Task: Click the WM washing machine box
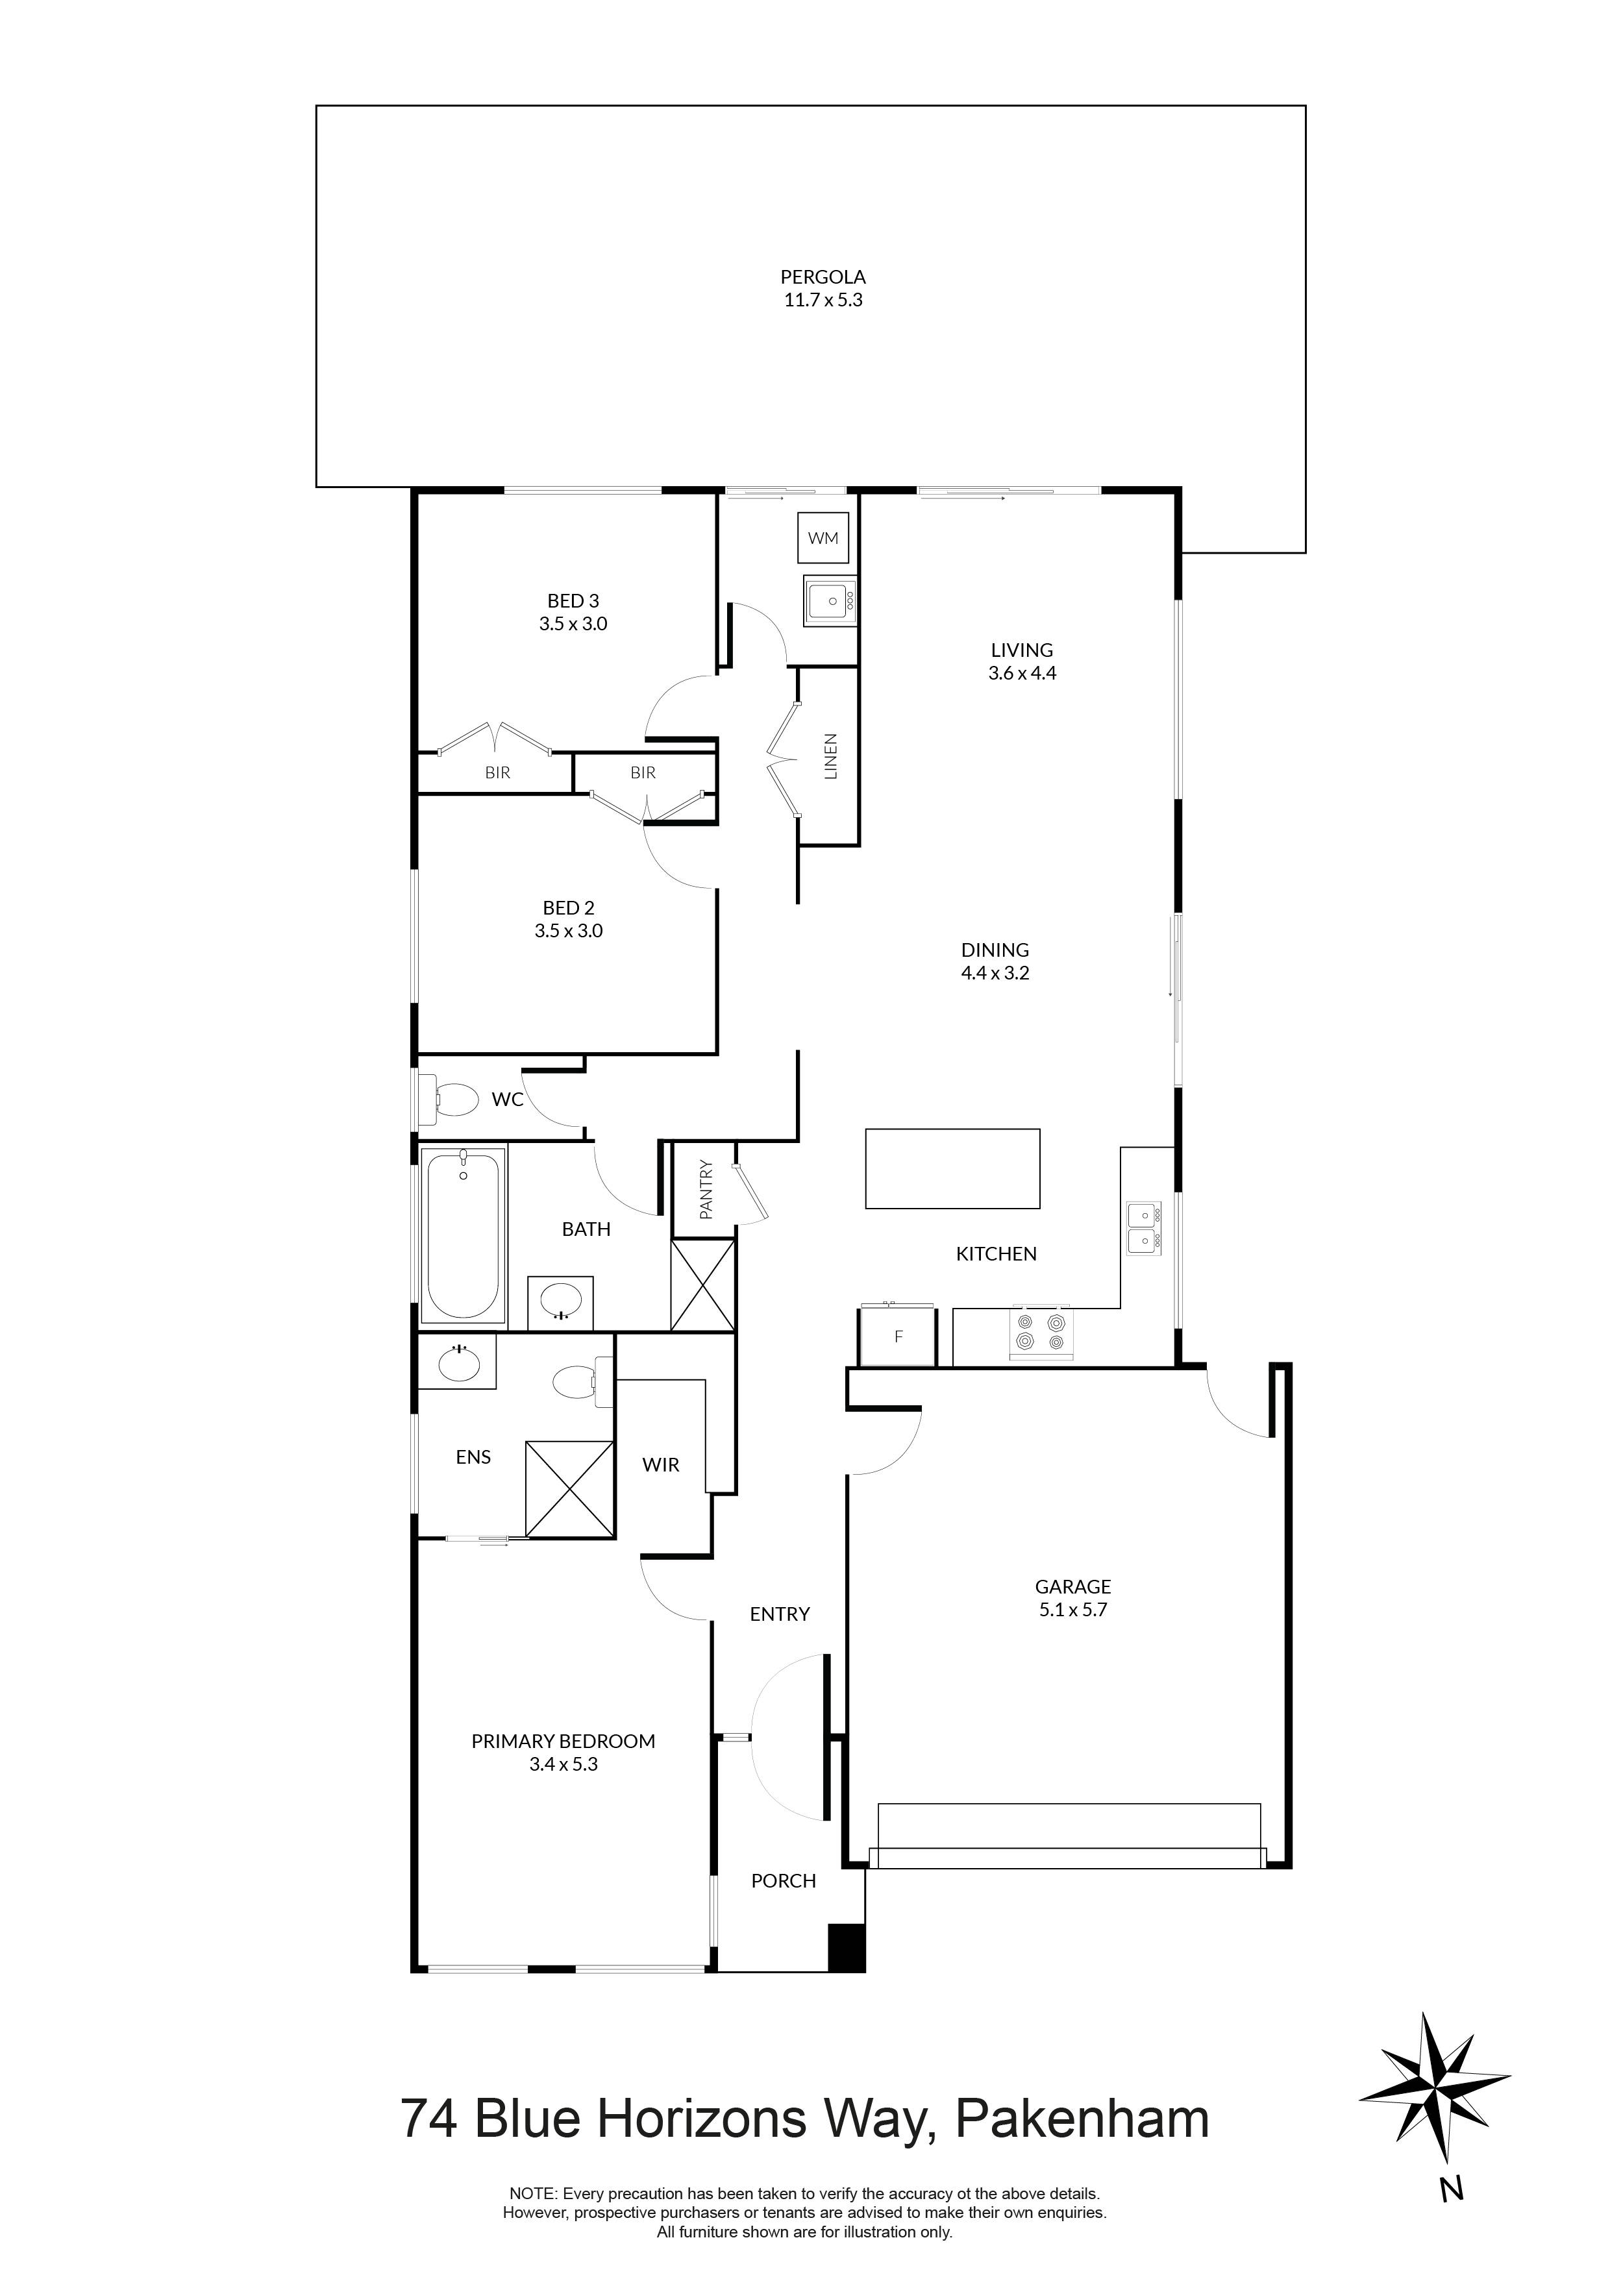click(823, 539)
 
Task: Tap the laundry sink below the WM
click(829, 602)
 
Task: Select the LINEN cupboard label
click(831, 756)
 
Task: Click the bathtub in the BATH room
click(464, 1235)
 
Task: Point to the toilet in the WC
click(455, 1099)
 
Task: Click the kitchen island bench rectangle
click(952, 1168)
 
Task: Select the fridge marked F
click(898, 1337)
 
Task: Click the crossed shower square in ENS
click(569, 1490)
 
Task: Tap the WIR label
click(661, 1465)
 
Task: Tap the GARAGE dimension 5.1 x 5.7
click(1072, 1610)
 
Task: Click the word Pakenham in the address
click(1082, 2119)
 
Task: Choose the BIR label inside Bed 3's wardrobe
click(497, 772)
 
